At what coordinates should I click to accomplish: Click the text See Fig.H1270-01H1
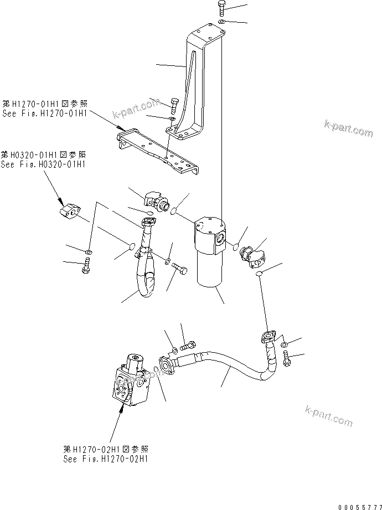[44, 114]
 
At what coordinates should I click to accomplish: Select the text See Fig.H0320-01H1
[44, 164]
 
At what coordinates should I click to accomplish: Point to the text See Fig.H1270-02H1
[106, 459]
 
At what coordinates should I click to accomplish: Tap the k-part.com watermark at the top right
[349, 130]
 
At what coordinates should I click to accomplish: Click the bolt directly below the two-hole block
[86, 268]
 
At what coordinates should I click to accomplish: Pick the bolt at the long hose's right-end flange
[286, 360]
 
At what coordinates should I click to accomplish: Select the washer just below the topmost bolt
[221, 22]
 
